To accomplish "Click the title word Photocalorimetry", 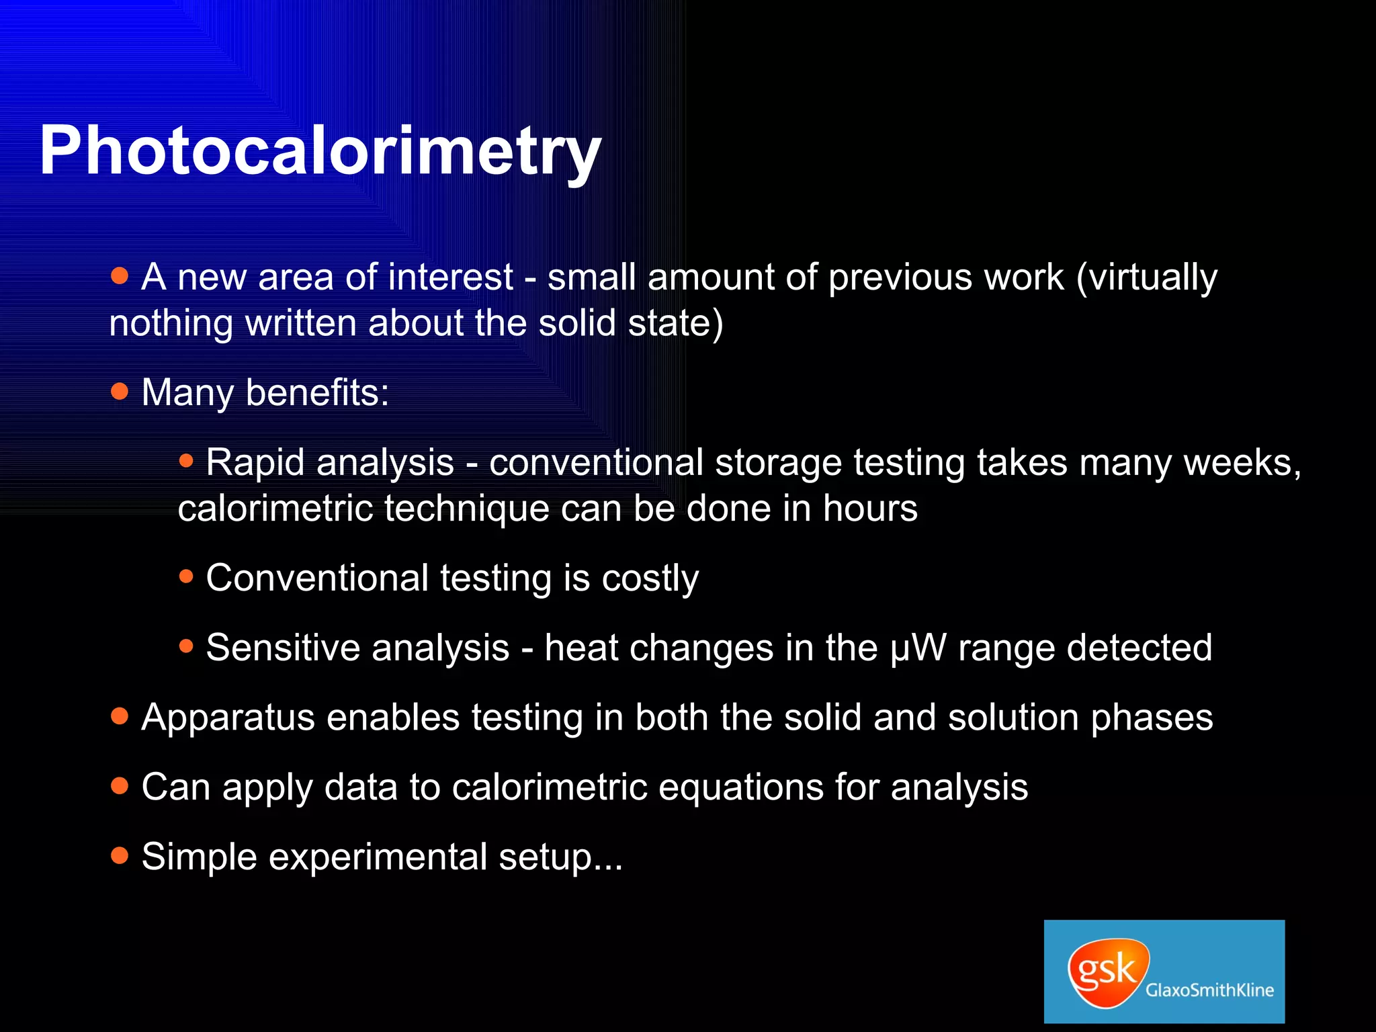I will pos(320,151).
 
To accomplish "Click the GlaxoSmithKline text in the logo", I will pos(1209,990).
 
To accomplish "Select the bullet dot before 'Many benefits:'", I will pos(120,391).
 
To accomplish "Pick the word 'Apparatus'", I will pos(228,718).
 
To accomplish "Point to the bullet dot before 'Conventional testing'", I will pos(186,576).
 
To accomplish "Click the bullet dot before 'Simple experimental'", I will pos(120,855).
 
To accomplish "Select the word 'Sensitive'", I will pos(283,648).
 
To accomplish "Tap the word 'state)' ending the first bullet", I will pos(675,323).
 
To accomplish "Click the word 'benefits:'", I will pos(317,392).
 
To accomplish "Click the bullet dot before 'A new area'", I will pos(120,275).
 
